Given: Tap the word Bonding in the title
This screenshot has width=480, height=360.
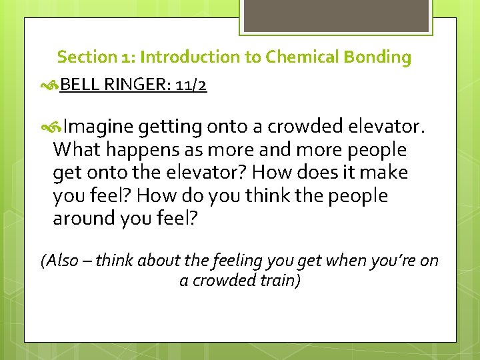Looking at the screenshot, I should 377,57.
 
